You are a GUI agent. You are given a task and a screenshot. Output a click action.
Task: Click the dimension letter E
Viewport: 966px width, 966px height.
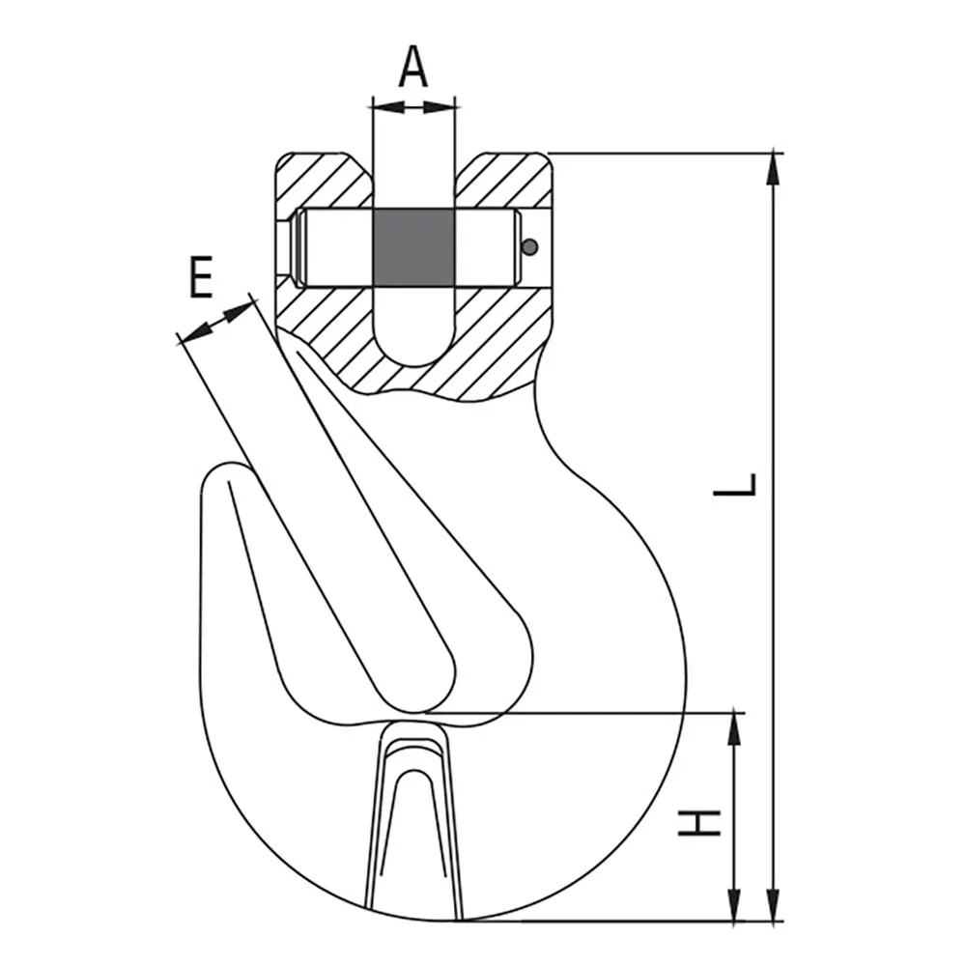[200, 278]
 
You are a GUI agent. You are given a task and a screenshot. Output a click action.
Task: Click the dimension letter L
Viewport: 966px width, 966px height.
[736, 484]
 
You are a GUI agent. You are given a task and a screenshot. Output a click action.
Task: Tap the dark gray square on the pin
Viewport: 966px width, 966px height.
[412, 247]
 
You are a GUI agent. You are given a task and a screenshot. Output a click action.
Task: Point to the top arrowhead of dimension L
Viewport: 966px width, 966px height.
[772, 169]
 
